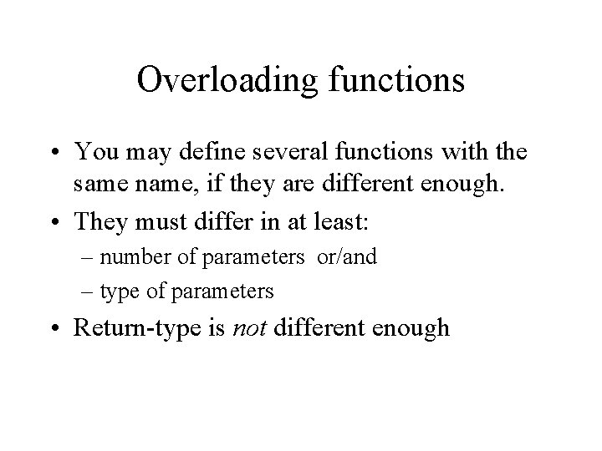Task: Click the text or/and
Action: [x=346, y=256]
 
